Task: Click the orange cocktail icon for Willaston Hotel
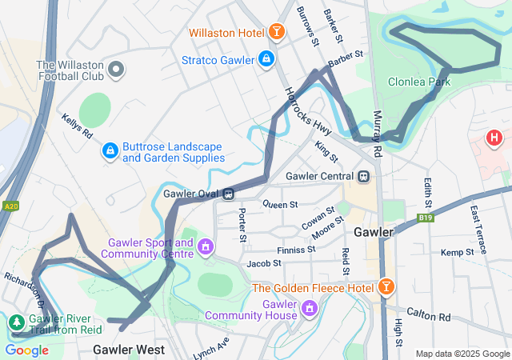pyautogui.click(x=276, y=32)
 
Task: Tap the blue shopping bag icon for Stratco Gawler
pyautogui.click(x=266, y=59)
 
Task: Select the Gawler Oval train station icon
pyautogui.click(x=229, y=193)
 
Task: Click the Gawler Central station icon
pyautogui.click(x=364, y=176)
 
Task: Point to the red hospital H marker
pyautogui.click(x=495, y=138)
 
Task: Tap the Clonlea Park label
pyautogui.click(x=419, y=82)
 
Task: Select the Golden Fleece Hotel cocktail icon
pyautogui.click(x=386, y=286)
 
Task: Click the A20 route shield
pyautogui.click(x=10, y=206)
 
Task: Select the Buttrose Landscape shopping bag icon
pyautogui.click(x=109, y=150)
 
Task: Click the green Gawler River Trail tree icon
pyautogui.click(x=16, y=322)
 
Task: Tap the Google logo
pyautogui.click(x=26, y=350)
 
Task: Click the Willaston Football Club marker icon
pyautogui.click(x=117, y=70)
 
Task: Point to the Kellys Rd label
pyautogui.click(x=78, y=130)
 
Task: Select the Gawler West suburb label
pyautogui.click(x=129, y=350)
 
